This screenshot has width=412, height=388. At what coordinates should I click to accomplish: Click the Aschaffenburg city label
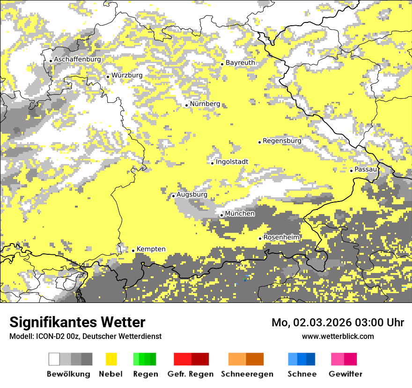coord(77,60)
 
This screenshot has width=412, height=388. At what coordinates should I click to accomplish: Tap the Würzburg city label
coord(127,75)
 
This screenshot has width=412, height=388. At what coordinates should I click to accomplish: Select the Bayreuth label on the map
coord(240,63)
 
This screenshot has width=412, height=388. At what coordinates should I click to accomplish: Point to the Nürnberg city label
coord(205,104)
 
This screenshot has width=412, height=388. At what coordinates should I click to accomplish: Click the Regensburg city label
coord(282,141)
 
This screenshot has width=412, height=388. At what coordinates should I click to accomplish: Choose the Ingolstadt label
coord(232,162)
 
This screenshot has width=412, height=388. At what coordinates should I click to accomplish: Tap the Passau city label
coord(366,169)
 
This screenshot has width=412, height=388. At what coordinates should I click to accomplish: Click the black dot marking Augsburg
coord(173,196)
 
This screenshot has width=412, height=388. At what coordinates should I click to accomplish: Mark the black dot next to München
coord(222,215)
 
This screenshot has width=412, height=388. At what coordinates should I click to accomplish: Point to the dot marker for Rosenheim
coord(260,238)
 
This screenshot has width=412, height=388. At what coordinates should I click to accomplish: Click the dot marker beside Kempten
coord(133,251)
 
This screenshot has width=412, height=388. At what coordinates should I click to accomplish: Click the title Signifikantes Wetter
coord(77,323)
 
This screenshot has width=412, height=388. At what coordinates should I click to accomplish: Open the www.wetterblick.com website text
coord(338,336)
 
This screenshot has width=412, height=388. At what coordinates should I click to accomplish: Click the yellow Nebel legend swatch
coord(111,359)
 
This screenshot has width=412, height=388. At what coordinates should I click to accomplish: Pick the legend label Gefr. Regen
coord(191,374)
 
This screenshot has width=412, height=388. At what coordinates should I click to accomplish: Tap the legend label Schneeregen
coord(247,374)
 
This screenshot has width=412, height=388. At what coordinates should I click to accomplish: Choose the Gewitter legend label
coord(346,374)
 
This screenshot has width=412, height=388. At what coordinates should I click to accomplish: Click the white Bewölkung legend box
coord(54,359)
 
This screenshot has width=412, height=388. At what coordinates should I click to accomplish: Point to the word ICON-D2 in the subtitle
coord(48,336)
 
